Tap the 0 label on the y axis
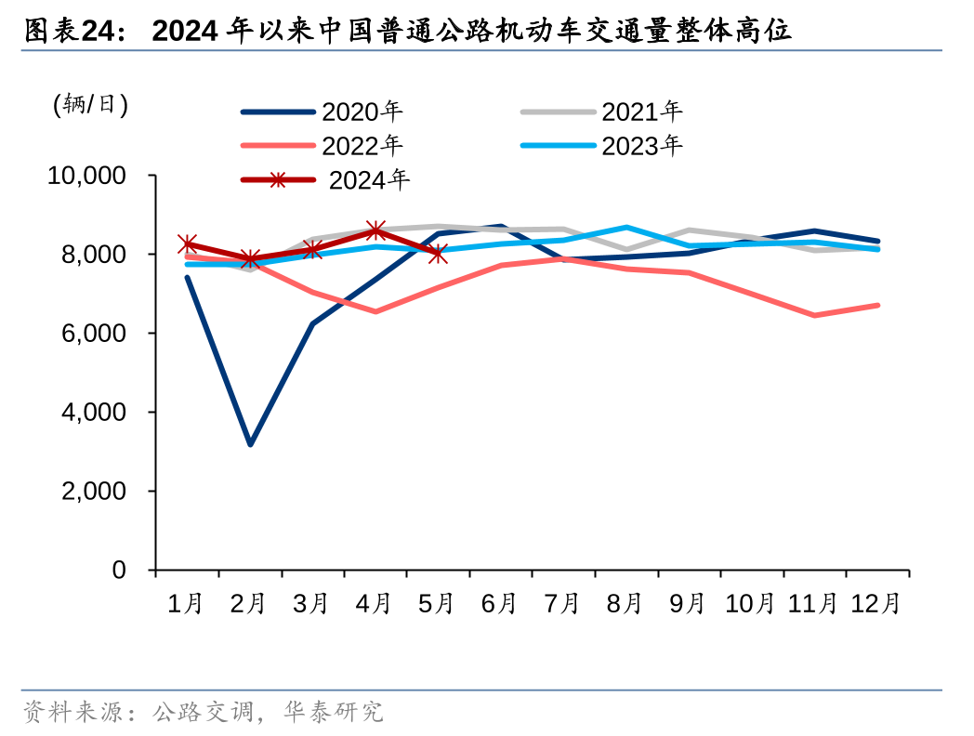pyautogui.click(x=119, y=570)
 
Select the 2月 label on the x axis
pyautogui.click(x=248, y=604)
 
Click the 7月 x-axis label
pyautogui.click(x=562, y=604)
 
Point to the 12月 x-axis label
pyautogui.click(x=876, y=604)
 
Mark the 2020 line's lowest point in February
pyautogui.click(x=250, y=444)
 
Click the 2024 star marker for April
pyautogui.click(x=375, y=230)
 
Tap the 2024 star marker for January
pyautogui.click(x=188, y=243)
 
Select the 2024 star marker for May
pyautogui.click(x=438, y=254)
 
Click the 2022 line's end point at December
pyautogui.click(x=877, y=305)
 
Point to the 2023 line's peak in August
pyautogui.click(x=626, y=227)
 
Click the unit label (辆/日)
pyautogui.click(x=89, y=103)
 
